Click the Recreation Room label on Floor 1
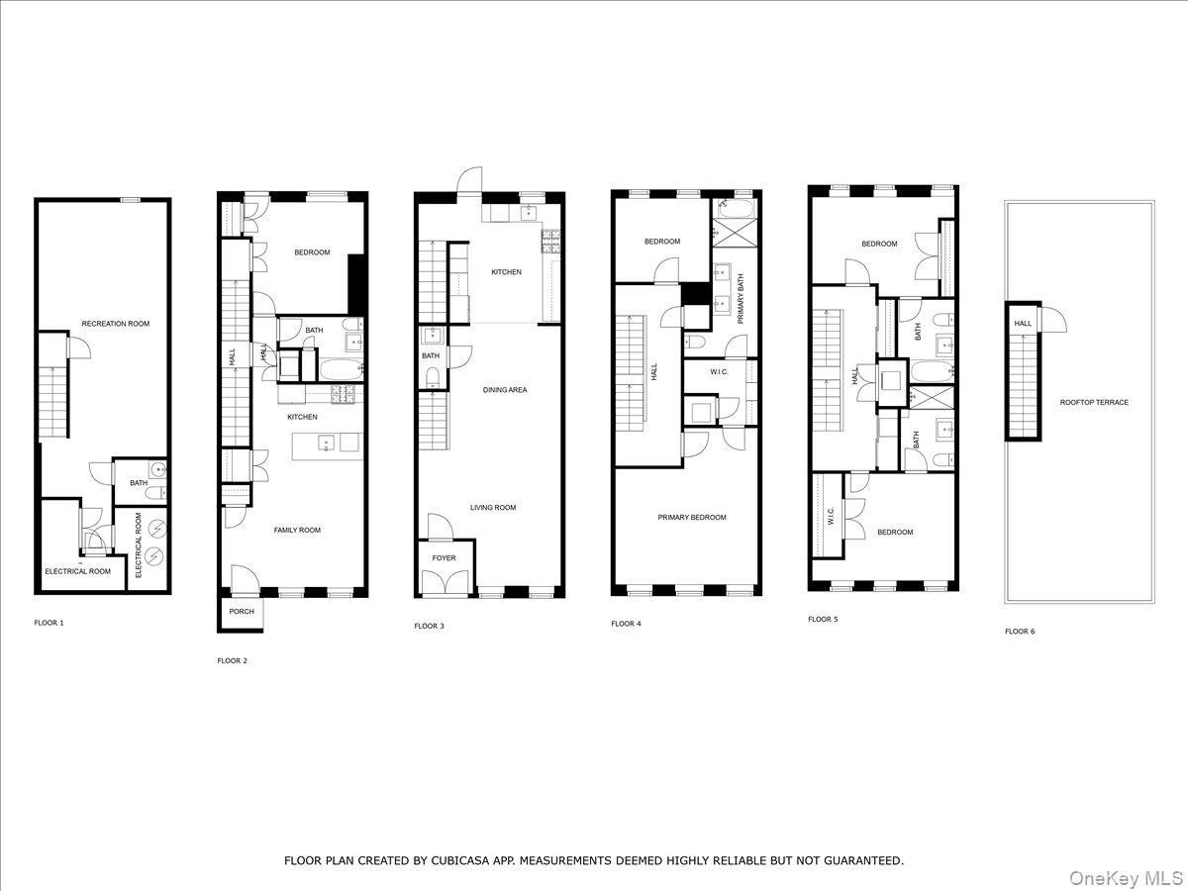tap(116, 324)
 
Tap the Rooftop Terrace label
tap(1094, 403)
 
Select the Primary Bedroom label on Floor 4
tap(692, 518)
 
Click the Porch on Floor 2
tap(242, 612)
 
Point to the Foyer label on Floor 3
tap(445, 558)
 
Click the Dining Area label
tap(505, 390)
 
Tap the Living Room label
tap(493, 508)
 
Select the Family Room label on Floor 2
tap(297, 531)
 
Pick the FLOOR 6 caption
tap(1020, 632)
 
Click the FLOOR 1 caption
tap(49, 624)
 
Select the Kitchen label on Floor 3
tap(506, 272)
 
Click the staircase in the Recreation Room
tap(53, 401)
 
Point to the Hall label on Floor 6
tap(1023, 324)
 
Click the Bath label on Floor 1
tap(139, 483)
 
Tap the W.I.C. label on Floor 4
tap(720, 372)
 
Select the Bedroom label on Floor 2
tap(312, 253)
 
